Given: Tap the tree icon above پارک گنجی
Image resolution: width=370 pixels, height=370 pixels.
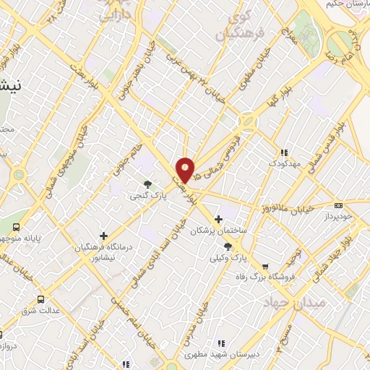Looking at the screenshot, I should (148, 184).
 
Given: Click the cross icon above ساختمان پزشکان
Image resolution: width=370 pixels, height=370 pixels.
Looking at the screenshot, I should (219, 219).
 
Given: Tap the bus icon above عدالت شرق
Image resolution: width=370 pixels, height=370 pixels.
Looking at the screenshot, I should (40, 298).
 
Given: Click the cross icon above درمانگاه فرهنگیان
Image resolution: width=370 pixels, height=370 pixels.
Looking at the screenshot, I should (103, 236).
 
